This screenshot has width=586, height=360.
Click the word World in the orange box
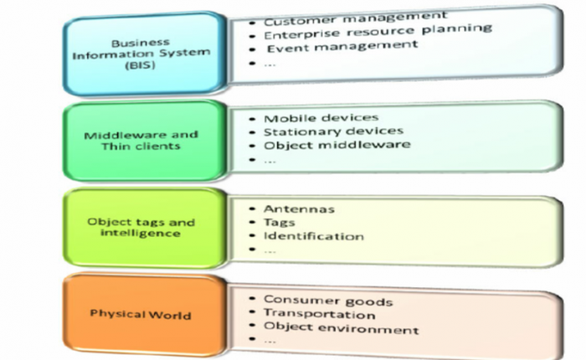(x=173, y=315)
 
